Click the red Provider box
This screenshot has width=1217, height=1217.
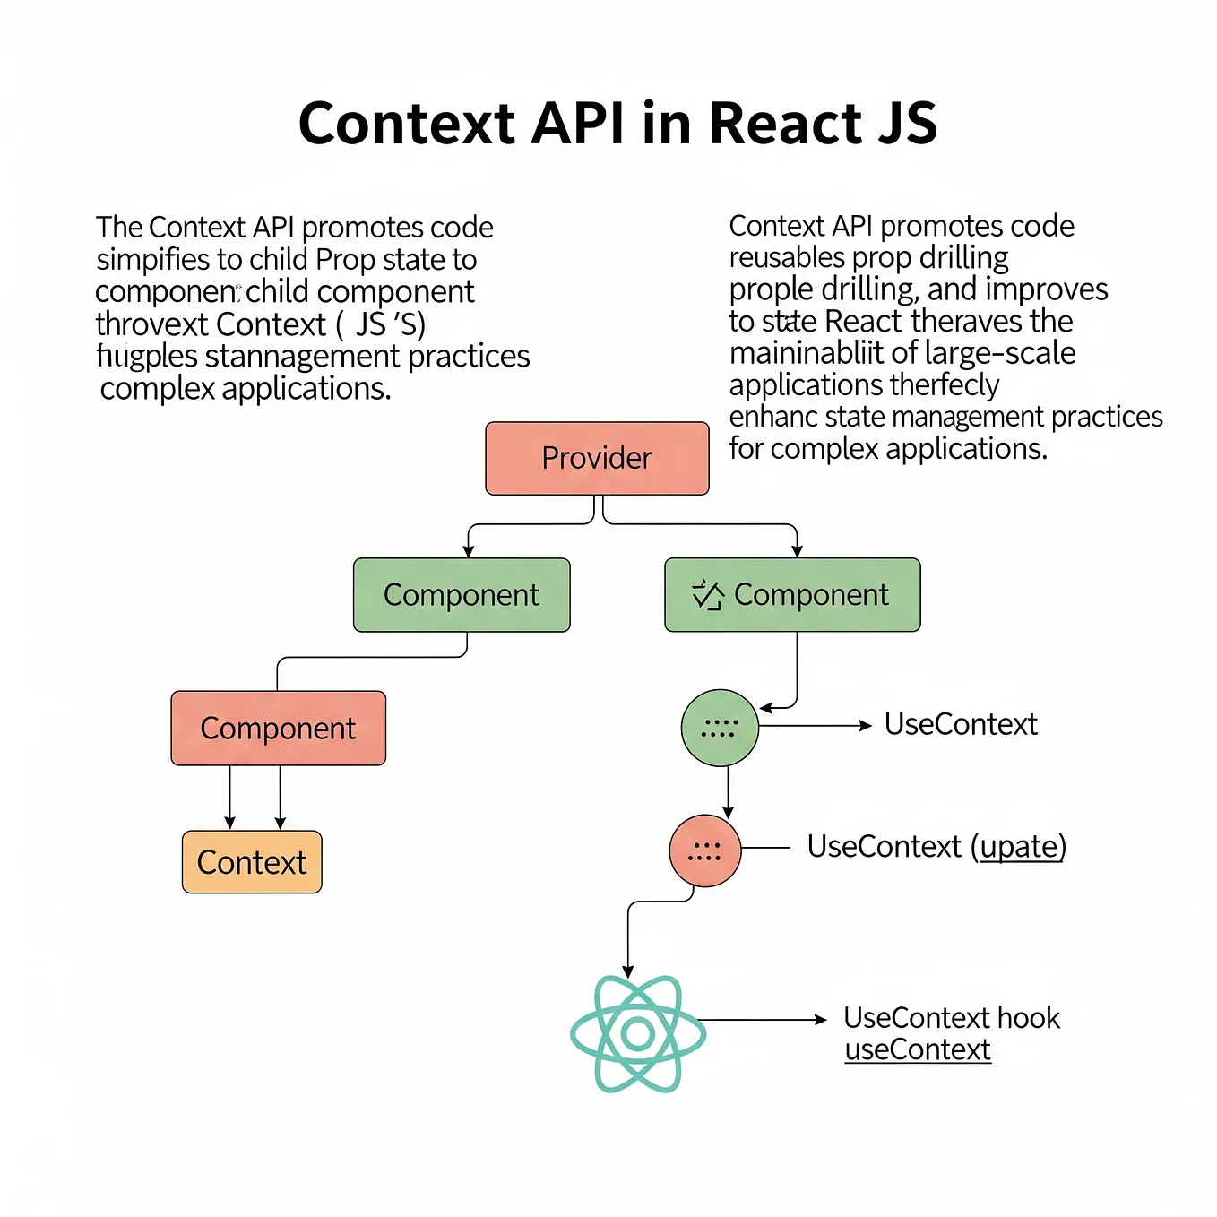point(597,458)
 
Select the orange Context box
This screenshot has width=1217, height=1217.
point(252,862)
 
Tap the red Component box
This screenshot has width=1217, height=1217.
point(278,728)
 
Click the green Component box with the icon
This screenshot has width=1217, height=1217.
point(792,595)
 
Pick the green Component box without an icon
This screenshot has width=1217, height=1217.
point(462,595)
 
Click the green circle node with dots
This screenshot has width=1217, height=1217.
point(720,728)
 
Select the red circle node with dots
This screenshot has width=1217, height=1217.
point(705,850)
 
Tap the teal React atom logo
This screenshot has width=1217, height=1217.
point(638,1034)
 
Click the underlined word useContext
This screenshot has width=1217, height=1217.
point(918,1049)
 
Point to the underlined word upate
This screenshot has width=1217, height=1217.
point(1021,846)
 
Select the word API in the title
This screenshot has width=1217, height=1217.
point(577,123)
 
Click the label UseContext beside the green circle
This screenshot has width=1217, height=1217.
point(961,724)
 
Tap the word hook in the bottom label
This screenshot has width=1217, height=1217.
point(1028,1018)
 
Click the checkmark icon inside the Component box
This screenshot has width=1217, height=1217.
point(707,595)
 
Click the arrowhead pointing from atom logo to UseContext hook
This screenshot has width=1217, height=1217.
point(820,1020)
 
